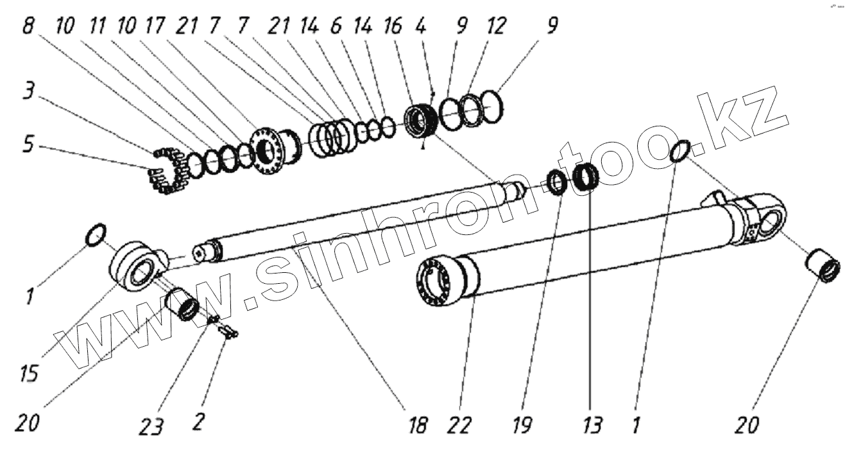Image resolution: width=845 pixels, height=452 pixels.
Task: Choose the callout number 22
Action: (x=461, y=425)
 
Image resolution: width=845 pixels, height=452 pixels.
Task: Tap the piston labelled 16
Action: (x=422, y=120)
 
